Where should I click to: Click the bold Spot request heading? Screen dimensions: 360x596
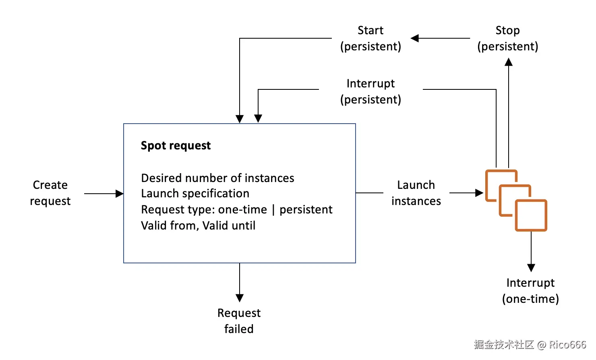coord(176,145)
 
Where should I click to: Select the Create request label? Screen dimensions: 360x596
coord(50,193)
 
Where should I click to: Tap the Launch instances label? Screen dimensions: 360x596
coord(416,193)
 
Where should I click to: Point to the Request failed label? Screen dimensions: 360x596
coord(239,321)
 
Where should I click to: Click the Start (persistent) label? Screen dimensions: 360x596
coord(370,38)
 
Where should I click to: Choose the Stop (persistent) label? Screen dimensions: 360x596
coord(507,38)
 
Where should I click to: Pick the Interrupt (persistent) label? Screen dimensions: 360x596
coord(370,91)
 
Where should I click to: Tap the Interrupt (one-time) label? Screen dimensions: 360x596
coord(530,291)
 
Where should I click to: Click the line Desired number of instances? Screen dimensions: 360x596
coord(217,178)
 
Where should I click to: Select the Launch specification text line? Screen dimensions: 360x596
coord(195,194)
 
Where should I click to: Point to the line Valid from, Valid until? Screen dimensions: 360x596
coord(198,226)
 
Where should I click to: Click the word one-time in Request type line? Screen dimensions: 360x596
coord(242,210)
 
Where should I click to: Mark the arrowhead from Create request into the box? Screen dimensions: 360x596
coord(120,194)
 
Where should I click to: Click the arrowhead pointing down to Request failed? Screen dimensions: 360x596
coord(240,298)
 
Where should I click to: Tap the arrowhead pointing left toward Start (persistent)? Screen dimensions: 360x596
coord(415,38)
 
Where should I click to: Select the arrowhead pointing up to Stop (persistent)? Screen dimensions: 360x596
coord(509,62)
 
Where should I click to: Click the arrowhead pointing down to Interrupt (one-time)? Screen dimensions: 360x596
coord(531,268)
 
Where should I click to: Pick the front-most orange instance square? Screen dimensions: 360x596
coord(531,215)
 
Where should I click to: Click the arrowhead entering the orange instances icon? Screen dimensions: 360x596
coord(479,193)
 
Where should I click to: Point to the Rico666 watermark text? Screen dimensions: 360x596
coord(567,345)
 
